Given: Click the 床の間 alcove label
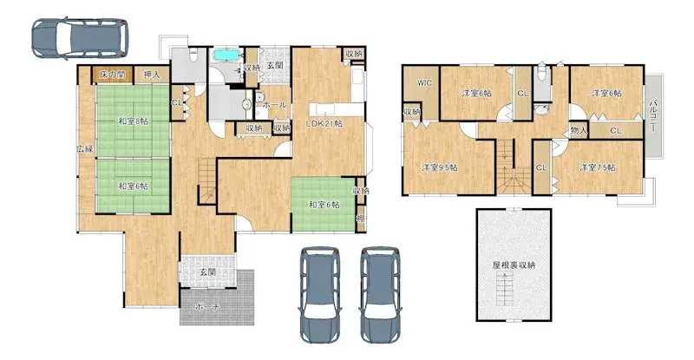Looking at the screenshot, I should (113, 75).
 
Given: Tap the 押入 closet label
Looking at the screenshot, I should (151, 75).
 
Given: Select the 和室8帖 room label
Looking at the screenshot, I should (133, 121).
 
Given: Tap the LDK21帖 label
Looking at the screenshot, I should (324, 124).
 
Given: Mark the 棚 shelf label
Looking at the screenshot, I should (360, 219).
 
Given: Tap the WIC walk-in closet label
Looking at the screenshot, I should (424, 83).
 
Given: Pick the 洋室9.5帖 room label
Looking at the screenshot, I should (438, 167).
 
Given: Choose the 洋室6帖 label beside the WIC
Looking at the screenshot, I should (475, 93).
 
